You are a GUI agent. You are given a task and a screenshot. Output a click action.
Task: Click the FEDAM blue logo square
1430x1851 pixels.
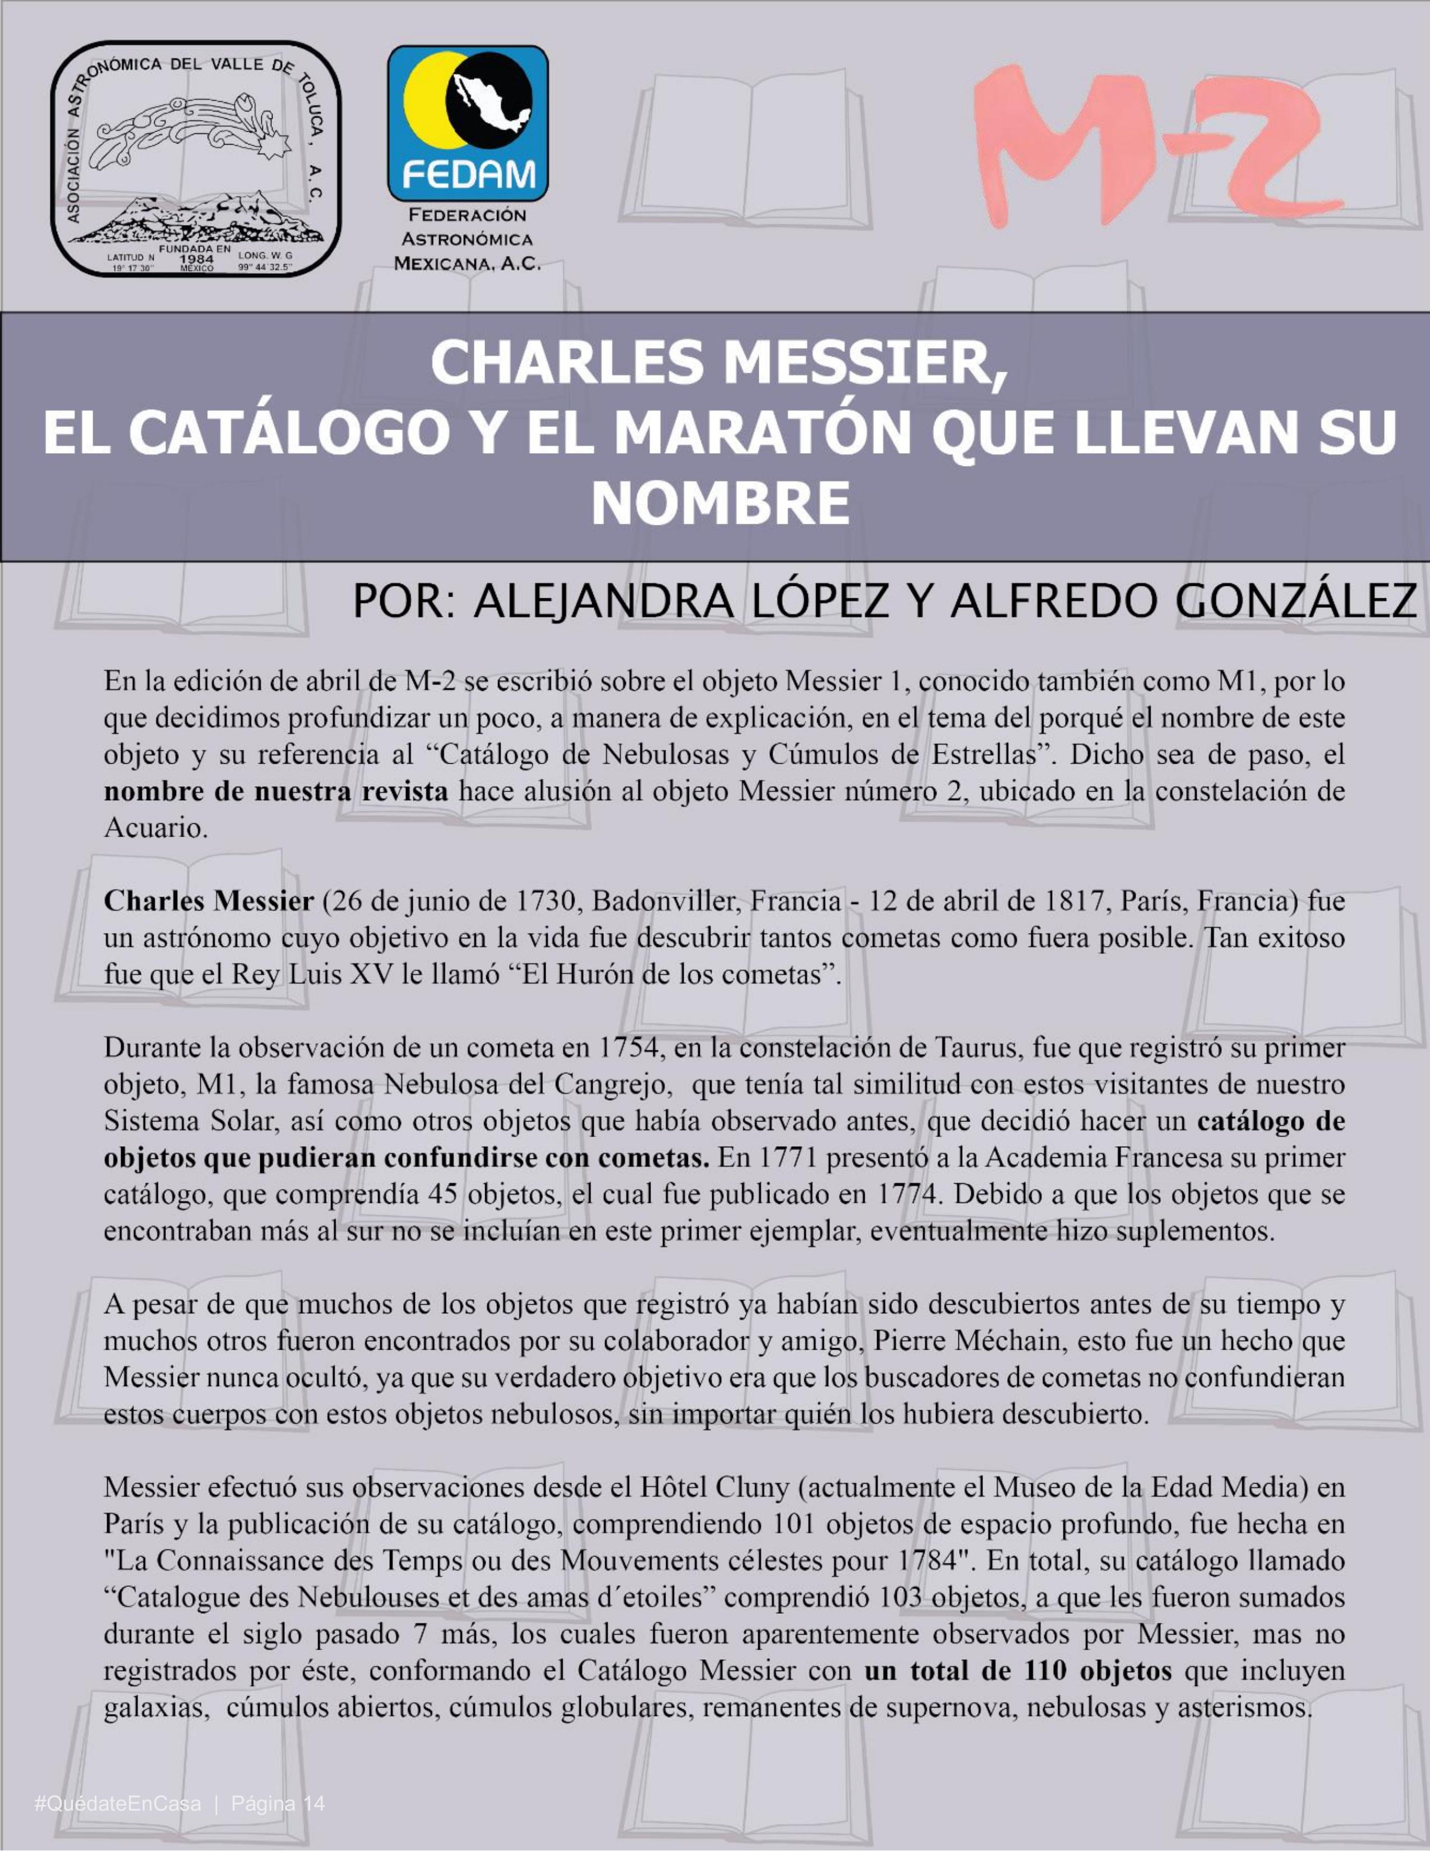point(467,122)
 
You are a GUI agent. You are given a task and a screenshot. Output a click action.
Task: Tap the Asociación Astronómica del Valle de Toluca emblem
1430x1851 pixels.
point(196,159)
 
